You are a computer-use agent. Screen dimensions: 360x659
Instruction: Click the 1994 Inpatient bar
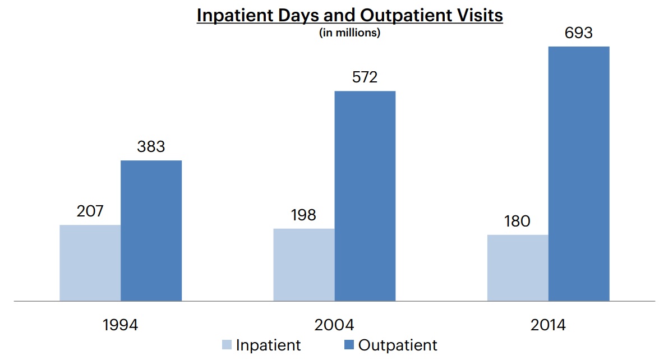click(90, 263)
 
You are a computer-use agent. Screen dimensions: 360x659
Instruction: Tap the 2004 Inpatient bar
click(303, 265)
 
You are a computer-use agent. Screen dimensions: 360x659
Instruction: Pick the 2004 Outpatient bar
click(365, 196)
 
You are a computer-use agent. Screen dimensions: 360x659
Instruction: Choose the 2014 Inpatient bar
click(517, 268)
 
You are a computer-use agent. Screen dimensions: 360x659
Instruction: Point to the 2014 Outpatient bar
click(578, 174)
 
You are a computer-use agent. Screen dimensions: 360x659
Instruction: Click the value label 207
click(90, 211)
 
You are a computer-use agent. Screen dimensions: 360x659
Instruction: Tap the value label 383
click(151, 147)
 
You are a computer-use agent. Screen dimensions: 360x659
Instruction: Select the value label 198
click(303, 215)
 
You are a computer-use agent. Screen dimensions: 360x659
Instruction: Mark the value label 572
click(365, 77)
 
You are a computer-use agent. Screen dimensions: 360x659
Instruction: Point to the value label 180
click(517, 221)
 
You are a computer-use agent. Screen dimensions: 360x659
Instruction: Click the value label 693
click(578, 33)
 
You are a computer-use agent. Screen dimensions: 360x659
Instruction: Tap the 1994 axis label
click(120, 325)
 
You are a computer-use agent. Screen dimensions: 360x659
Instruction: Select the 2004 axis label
click(334, 325)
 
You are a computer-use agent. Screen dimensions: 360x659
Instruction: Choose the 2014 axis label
click(548, 325)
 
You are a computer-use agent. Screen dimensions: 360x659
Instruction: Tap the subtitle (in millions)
click(349, 33)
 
